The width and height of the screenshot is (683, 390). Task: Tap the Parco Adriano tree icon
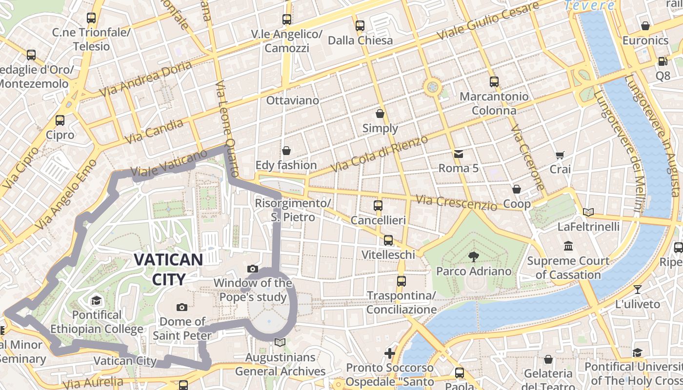473,256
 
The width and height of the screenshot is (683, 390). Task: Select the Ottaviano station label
293,100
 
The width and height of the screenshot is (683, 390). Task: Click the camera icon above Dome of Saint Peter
182,307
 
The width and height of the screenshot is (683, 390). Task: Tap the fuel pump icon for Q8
663,61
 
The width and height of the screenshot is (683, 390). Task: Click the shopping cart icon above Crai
560,155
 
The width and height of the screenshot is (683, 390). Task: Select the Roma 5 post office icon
458,154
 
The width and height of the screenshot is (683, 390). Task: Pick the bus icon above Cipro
60,120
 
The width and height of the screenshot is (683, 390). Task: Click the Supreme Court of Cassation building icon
568,246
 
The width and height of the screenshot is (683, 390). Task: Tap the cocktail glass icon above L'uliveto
637,289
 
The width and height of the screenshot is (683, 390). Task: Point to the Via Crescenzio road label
456,202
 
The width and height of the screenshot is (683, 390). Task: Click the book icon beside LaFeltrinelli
588,212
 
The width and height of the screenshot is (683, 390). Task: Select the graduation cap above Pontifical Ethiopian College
97,300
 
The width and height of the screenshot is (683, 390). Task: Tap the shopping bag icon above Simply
380,114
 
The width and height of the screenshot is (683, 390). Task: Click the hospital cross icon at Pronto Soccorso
389,353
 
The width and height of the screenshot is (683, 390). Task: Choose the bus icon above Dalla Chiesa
360,26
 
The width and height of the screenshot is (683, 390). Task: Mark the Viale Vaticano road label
169,164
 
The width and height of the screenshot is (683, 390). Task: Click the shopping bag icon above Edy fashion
286,151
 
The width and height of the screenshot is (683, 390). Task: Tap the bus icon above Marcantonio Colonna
494,81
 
